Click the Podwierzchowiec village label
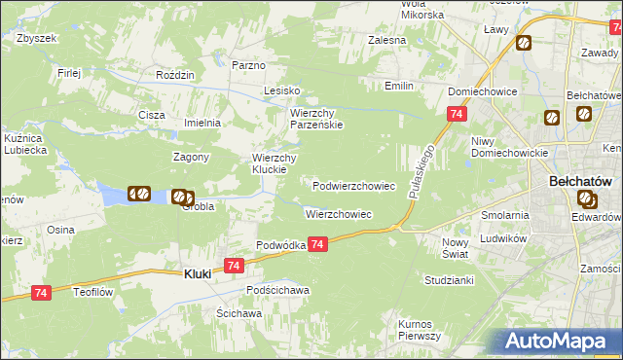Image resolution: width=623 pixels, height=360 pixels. click(353, 186)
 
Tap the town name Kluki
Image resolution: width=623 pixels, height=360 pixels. click(198, 275)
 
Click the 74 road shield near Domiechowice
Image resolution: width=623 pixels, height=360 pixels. click(456, 115)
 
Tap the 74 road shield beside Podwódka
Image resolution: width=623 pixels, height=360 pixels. click(319, 247)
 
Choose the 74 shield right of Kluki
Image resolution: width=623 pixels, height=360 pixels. click(233, 265)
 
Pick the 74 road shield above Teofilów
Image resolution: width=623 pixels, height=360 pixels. click(41, 292)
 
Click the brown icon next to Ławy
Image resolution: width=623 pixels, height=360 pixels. click(524, 43)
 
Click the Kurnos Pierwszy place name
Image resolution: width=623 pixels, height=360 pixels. click(420, 329)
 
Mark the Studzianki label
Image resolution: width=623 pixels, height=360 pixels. click(449, 279)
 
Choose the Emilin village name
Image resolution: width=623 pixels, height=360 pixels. click(399, 87)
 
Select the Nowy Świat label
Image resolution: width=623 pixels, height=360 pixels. click(456, 247)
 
